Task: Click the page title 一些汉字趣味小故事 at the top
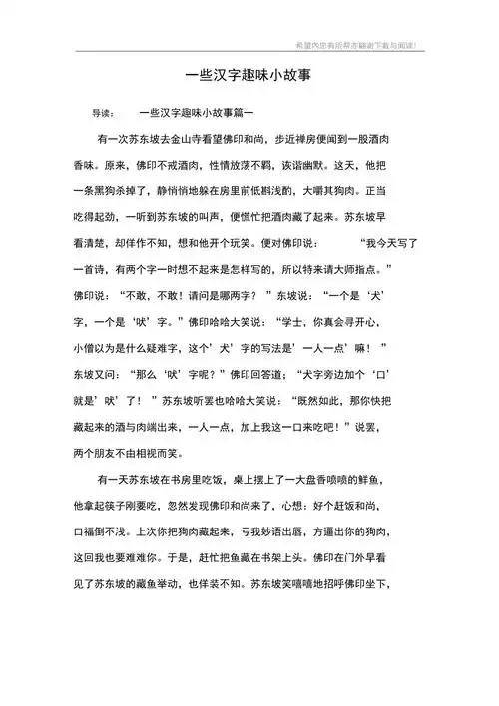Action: (x=249, y=73)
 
